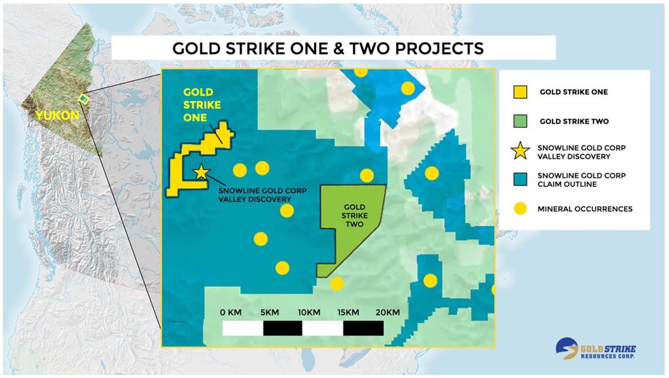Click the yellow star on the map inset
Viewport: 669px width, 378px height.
click(201, 172)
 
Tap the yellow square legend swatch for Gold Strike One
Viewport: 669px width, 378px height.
click(520, 92)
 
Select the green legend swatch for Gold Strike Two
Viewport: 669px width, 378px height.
click(520, 121)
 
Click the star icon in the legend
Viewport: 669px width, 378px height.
click(520, 150)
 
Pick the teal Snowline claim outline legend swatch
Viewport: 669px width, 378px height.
click(520, 179)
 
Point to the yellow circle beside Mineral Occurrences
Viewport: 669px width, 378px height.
click(520, 208)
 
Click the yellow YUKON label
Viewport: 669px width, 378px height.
click(57, 116)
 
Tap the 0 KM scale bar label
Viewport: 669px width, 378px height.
click(230, 312)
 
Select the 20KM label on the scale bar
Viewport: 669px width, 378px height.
click(388, 312)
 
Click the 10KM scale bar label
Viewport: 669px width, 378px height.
click(309, 312)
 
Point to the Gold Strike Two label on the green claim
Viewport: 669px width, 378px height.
click(355, 216)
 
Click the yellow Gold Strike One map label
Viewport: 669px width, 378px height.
click(202, 105)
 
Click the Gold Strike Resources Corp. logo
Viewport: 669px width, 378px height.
click(595, 348)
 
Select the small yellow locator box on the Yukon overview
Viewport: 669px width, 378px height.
click(84, 99)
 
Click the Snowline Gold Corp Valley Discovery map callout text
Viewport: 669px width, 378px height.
click(262, 195)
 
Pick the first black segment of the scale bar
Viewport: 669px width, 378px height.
click(283, 328)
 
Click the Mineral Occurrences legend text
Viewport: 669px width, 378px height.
click(585, 209)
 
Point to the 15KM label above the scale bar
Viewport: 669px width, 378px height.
click(348, 312)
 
